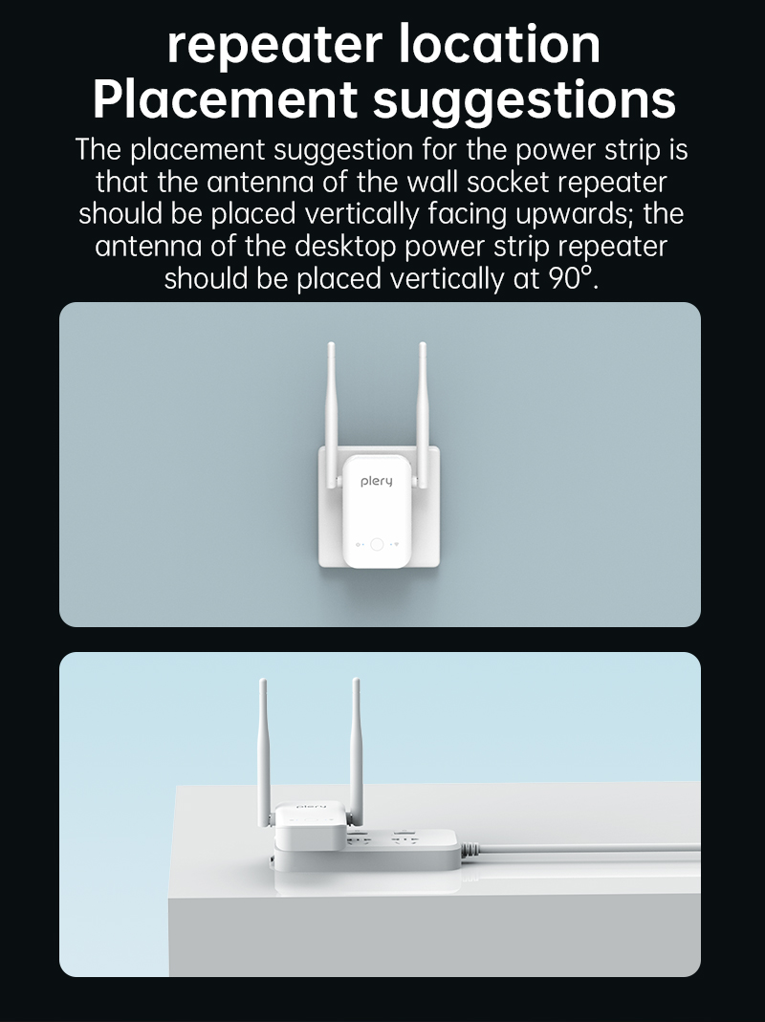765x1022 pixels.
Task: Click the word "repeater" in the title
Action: (273, 45)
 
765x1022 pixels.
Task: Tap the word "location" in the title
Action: (499, 43)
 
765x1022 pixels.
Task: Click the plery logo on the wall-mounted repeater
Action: (377, 482)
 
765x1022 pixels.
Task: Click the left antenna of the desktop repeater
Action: (264, 752)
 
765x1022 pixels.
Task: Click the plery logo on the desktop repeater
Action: (311, 807)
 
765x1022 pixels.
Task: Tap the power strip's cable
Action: (580, 847)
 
